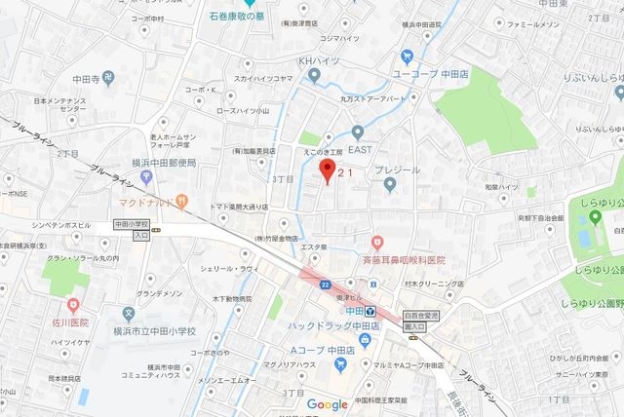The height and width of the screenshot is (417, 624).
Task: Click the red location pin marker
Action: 328,172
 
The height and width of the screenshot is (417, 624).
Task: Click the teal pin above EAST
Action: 357,132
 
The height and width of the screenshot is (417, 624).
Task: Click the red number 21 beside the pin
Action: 345,171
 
